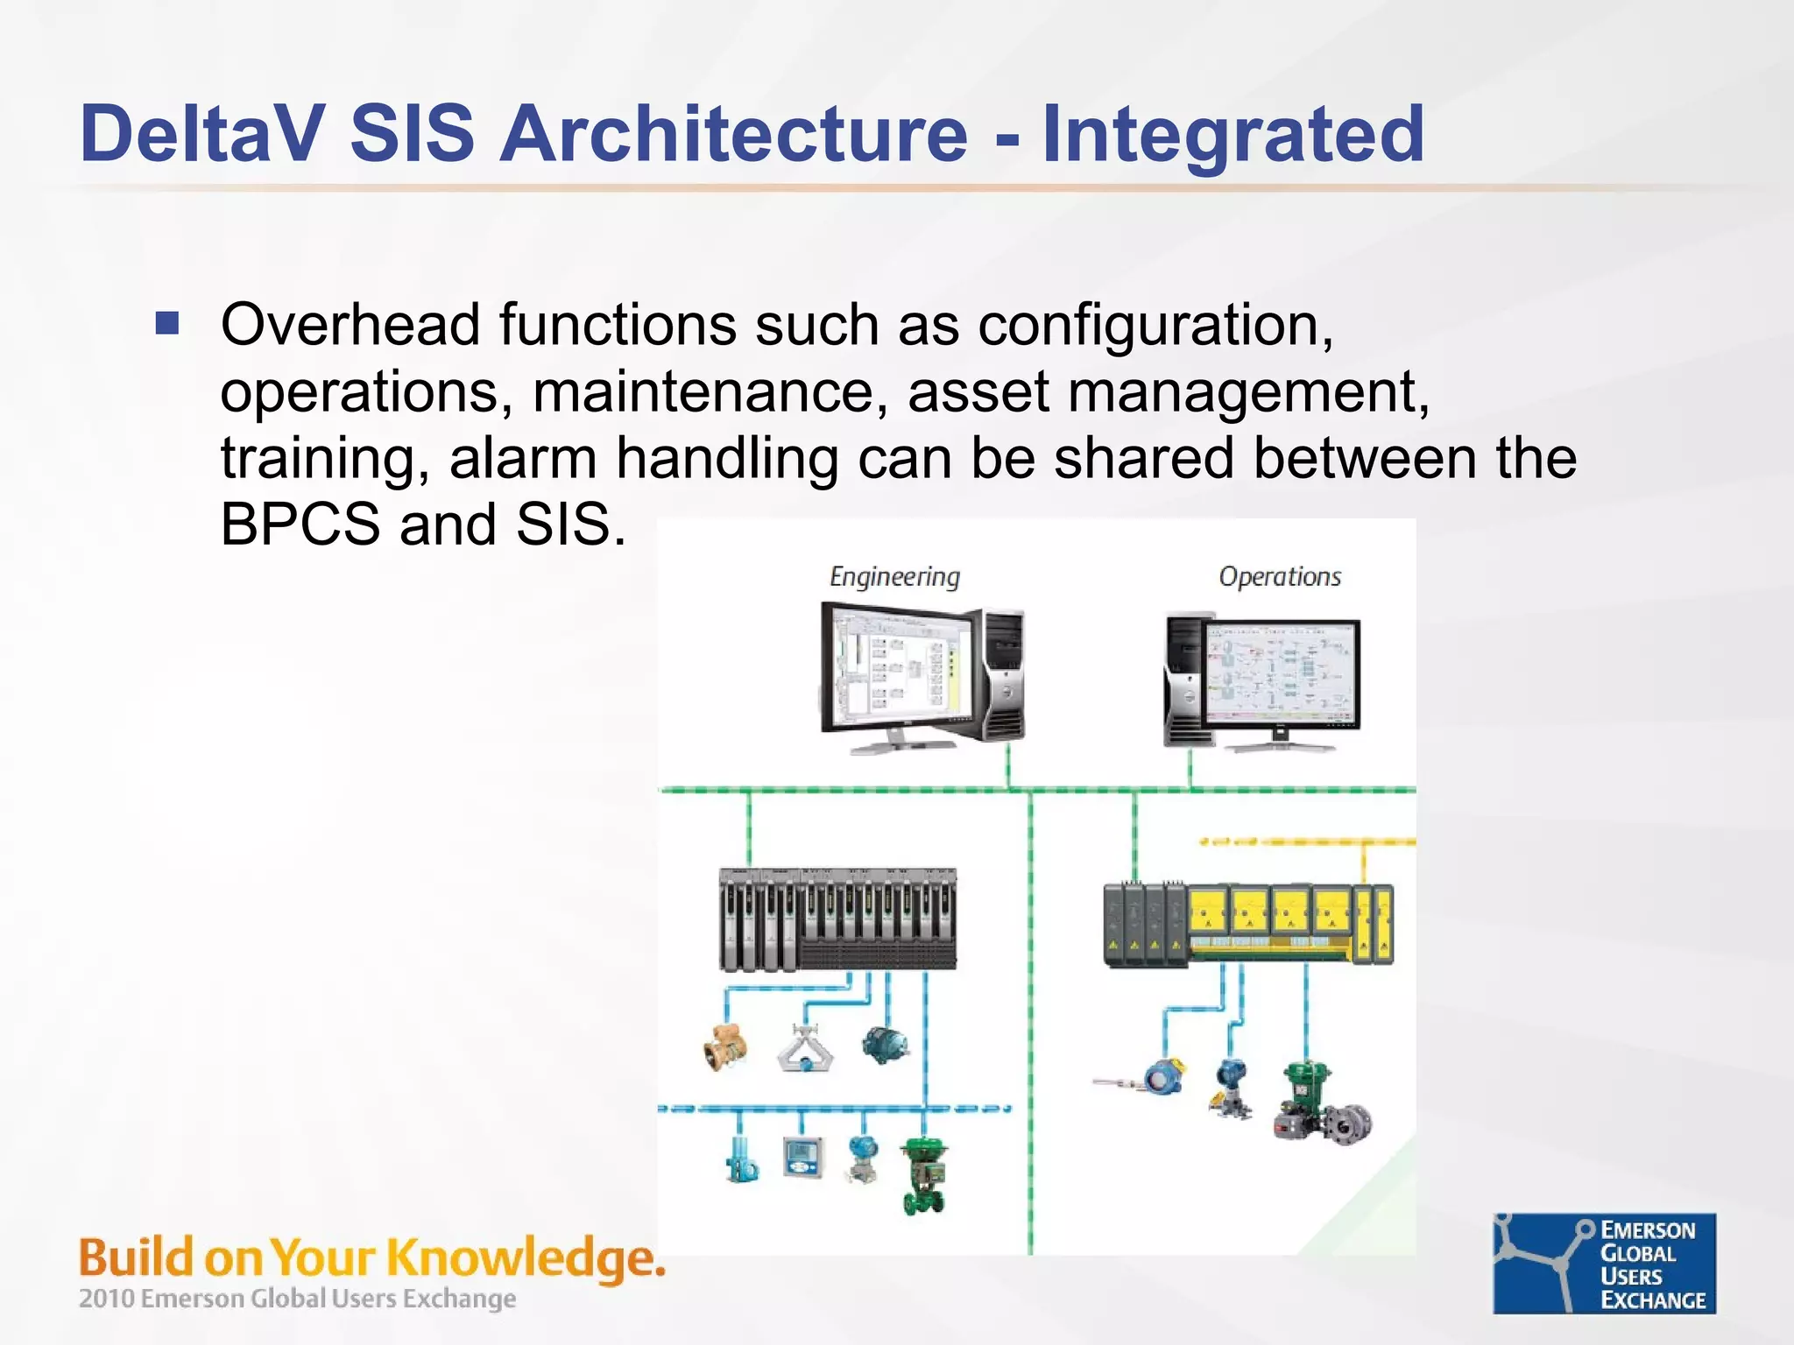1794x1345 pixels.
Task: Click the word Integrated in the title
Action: (1233, 133)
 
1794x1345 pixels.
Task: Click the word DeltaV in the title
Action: (203, 133)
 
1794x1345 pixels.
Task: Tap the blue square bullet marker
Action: (166, 324)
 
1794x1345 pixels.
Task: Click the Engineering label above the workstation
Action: (894, 577)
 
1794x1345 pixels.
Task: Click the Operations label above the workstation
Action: (1279, 577)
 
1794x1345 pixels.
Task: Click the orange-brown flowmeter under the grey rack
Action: (726, 1046)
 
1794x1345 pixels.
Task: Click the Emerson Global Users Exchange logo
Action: (1604, 1263)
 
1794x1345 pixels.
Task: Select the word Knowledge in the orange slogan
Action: (524, 1259)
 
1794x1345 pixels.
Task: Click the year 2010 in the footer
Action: (107, 1299)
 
